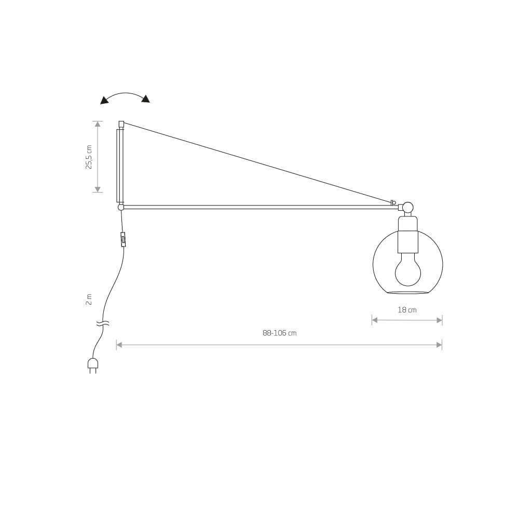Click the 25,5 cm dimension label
[89, 157]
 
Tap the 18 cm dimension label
[407, 310]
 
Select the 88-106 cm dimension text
[279, 333]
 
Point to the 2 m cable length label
[89, 299]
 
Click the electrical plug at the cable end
[93, 364]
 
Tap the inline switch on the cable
[123, 239]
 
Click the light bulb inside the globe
[408, 270]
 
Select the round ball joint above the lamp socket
[408, 207]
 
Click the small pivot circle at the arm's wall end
[121, 207]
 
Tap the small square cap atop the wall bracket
[121, 124]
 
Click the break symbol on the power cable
[103, 323]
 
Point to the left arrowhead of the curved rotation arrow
[104, 100]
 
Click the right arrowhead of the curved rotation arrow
[146, 99]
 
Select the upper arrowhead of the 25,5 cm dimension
[98, 124]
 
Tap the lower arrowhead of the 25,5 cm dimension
[98, 189]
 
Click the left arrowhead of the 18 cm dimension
[375, 320]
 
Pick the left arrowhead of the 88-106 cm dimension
[119, 345]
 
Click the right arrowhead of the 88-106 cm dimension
[439, 345]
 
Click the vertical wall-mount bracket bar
[120, 165]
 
